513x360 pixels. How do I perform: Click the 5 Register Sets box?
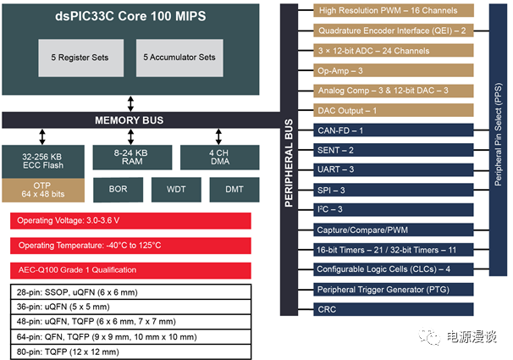[x=79, y=58]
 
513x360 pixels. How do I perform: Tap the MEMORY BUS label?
[x=129, y=120]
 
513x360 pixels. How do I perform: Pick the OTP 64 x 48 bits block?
[x=43, y=191]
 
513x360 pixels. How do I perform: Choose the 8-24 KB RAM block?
[x=130, y=158]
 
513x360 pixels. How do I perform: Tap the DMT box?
[x=234, y=190]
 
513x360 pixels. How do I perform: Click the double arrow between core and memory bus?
[x=130, y=103]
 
